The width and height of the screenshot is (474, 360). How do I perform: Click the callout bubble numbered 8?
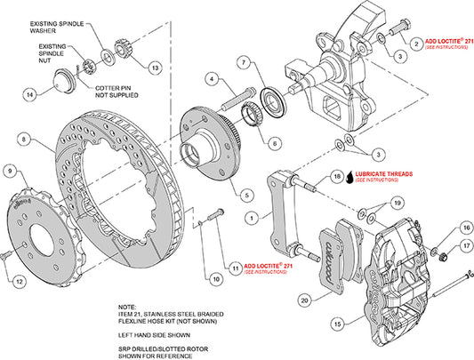pos(24,138)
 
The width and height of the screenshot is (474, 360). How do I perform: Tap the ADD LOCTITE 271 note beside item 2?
pos(445,42)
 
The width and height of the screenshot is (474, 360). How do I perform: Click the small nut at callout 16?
pos(438,255)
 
